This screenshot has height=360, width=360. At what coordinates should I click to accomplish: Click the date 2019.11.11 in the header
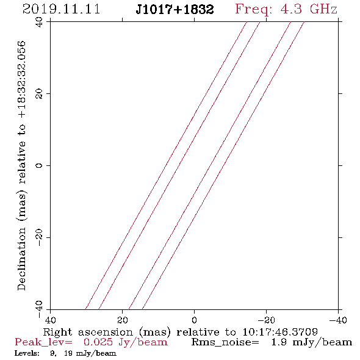(x=61, y=9)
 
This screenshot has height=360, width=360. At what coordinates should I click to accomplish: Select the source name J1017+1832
(x=175, y=9)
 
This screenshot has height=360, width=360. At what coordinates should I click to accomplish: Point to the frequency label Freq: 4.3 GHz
(x=286, y=9)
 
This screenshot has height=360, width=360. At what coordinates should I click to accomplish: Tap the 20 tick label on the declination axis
(x=39, y=94)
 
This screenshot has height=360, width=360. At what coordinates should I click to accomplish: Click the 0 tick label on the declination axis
(x=39, y=165)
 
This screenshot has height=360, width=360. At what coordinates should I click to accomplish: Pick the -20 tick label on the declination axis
(x=39, y=237)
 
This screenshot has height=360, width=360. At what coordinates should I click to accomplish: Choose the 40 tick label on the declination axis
(x=39, y=22)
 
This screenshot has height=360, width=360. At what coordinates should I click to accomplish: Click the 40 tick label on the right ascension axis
(x=50, y=320)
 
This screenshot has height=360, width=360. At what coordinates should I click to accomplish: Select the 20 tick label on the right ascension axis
(x=123, y=320)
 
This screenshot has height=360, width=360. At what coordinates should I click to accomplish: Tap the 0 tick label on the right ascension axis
(x=195, y=320)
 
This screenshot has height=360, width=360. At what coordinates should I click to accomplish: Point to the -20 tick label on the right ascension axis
(x=266, y=320)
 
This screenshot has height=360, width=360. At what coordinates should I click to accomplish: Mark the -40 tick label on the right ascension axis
(x=338, y=320)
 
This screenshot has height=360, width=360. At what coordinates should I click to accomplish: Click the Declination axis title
(x=21, y=165)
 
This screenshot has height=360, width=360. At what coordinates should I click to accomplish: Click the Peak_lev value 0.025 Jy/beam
(x=125, y=342)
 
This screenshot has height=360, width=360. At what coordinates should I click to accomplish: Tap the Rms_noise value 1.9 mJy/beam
(x=312, y=342)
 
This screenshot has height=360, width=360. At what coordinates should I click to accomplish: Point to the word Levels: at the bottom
(x=27, y=353)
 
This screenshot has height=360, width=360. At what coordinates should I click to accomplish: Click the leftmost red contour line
(x=166, y=165)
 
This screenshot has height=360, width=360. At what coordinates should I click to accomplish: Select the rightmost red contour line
(x=223, y=165)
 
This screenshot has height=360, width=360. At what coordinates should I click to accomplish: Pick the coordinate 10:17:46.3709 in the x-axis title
(x=280, y=332)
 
